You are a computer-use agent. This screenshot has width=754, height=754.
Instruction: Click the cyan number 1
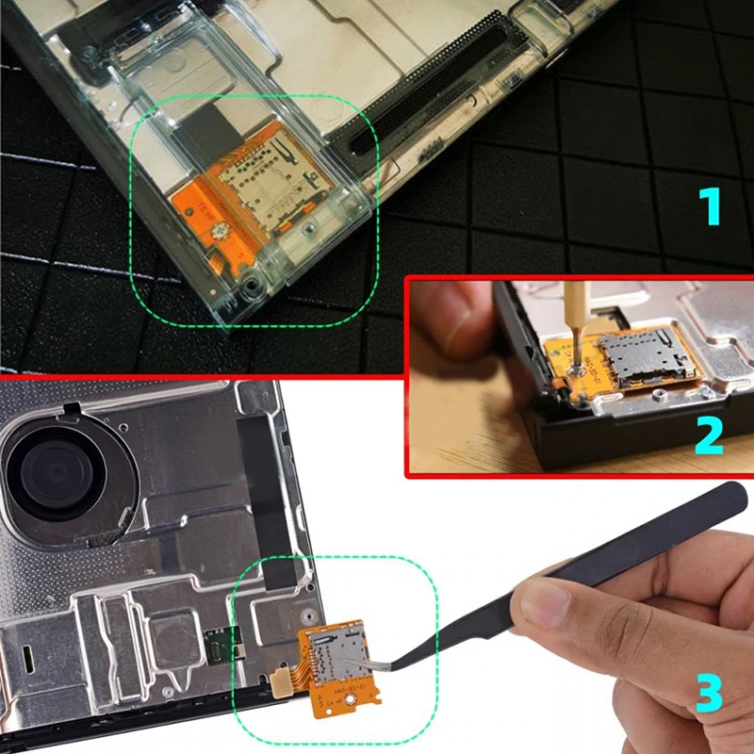[x=710, y=206]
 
